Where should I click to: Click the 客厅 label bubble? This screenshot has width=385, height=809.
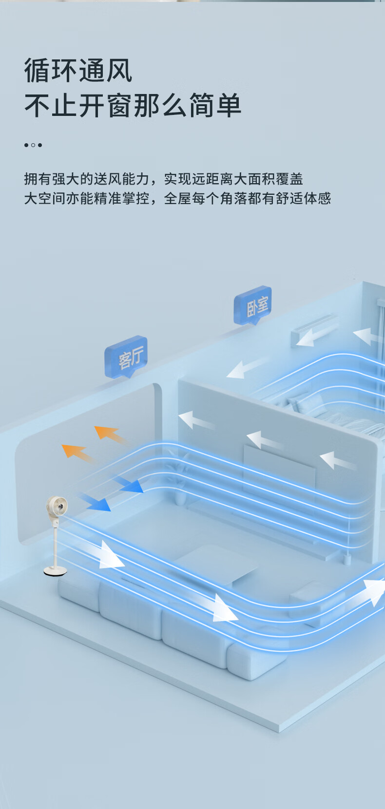point(126,357)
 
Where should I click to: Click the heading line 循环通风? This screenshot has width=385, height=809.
point(78,71)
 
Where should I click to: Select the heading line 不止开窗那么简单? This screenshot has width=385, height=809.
point(133,106)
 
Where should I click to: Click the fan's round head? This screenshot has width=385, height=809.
point(57,507)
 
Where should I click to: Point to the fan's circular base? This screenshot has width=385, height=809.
point(55,571)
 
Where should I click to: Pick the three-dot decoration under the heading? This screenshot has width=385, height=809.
point(33,145)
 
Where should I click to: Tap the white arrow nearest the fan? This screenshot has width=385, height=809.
point(110,555)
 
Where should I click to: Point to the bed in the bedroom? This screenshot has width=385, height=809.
point(336,414)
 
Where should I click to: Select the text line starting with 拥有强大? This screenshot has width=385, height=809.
point(164,179)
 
